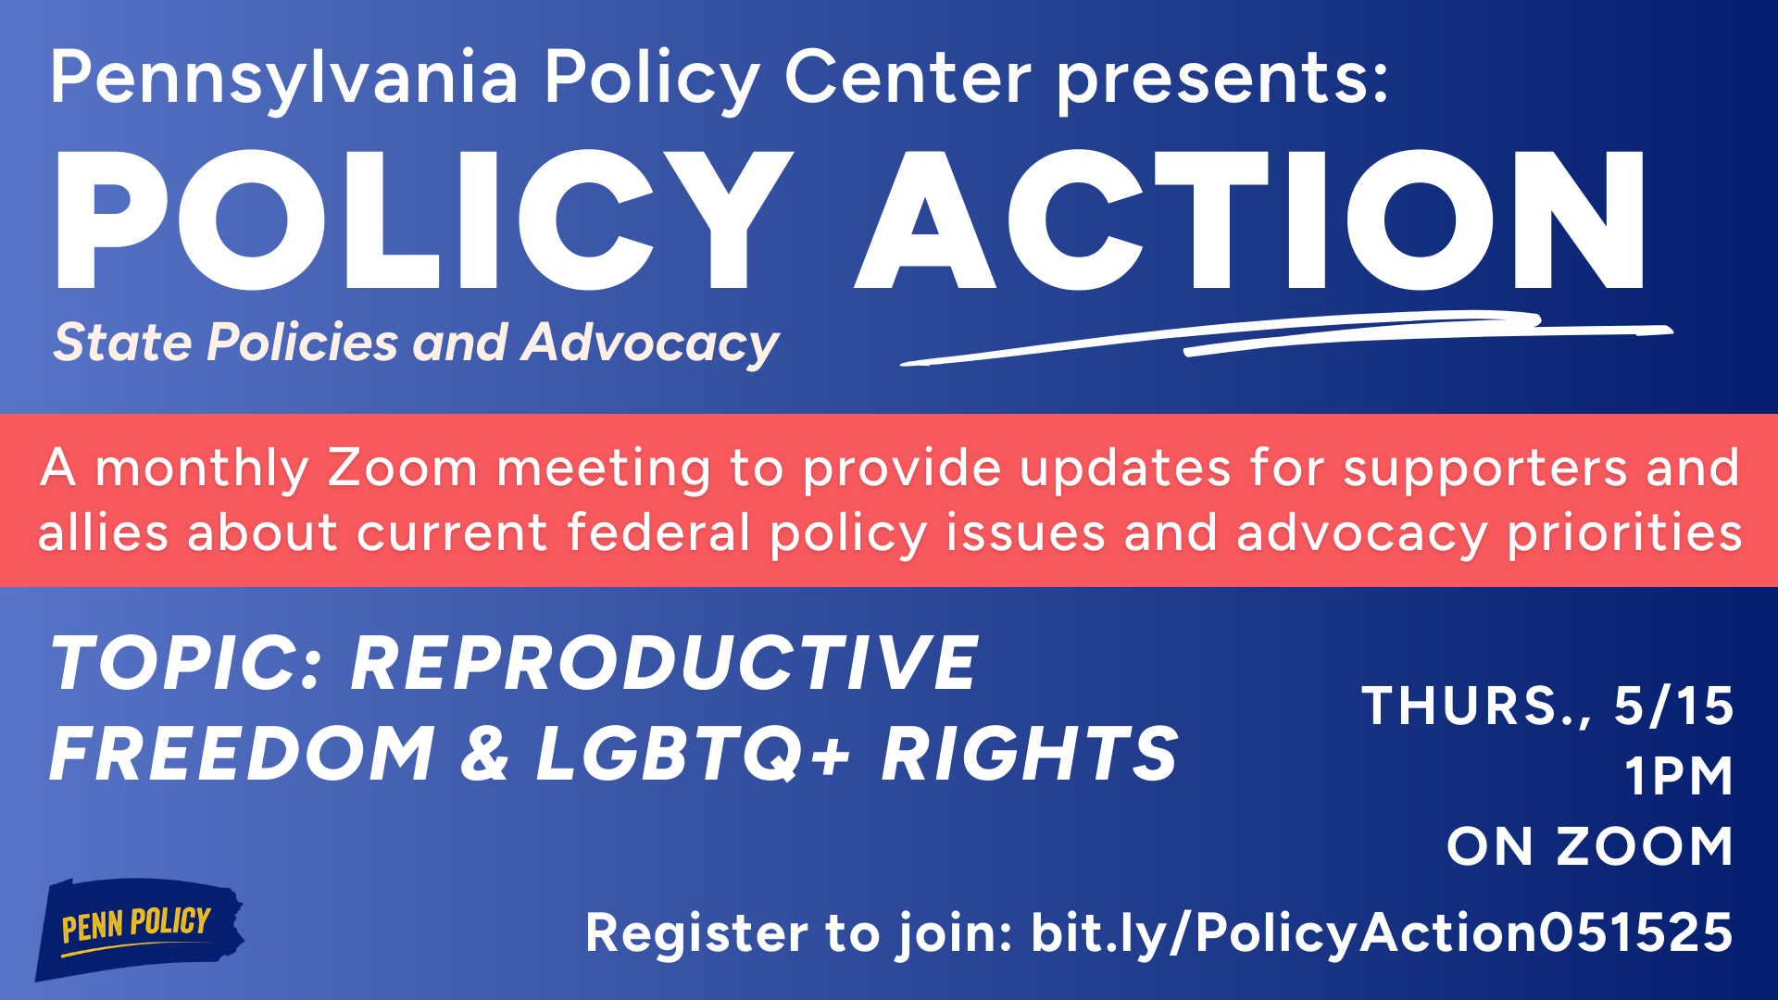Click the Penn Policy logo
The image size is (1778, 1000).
[139, 928]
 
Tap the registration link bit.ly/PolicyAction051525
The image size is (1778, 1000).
[1382, 933]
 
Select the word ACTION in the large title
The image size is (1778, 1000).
[1249, 220]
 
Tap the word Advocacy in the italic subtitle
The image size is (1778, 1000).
[650, 344]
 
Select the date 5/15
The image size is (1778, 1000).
[1673, 706]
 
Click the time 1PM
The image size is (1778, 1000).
[1679, 776]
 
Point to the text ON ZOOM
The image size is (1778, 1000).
[1590, 846]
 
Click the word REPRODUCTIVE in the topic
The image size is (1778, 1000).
[664, 663]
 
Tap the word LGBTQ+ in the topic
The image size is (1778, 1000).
[693, 754]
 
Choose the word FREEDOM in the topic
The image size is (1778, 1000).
[242, 754]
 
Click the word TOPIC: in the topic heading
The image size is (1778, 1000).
[186, 663]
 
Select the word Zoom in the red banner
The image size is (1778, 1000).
[402, 468]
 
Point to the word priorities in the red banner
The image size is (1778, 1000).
[1624, 535]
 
